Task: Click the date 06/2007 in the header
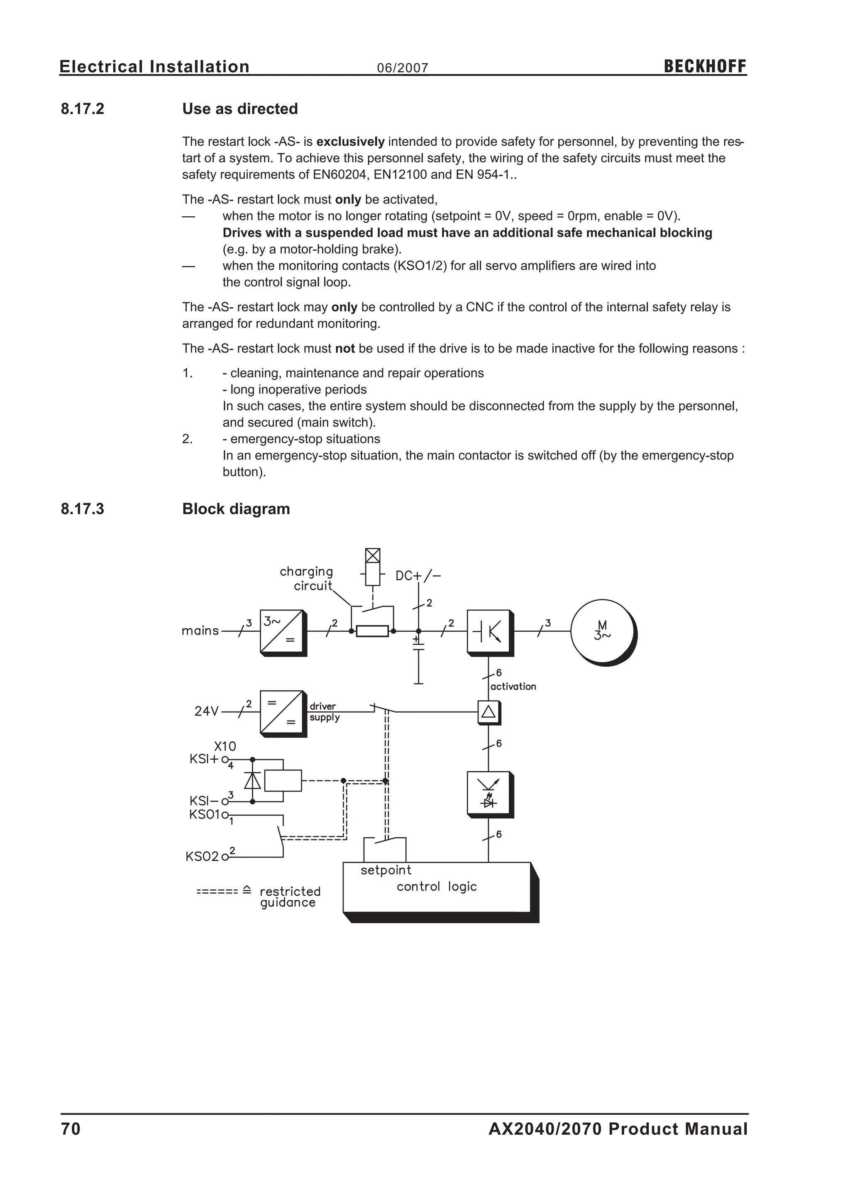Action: [403, 68]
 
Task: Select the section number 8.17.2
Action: [83, 109]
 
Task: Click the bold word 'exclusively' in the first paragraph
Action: [350, 142]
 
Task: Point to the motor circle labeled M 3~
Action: [603, 631]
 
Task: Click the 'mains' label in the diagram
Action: [200, 631]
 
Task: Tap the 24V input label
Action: [206, 711]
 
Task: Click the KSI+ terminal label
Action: [204, 759]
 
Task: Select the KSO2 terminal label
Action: [202, 857]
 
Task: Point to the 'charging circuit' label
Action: [307, 579]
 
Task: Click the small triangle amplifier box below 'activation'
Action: [489, 712]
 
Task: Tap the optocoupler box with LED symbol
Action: [489, 794]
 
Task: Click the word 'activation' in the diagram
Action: [513, 687]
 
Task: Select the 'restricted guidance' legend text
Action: [289, 897]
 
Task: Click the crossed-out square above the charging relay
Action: [372, 555]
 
